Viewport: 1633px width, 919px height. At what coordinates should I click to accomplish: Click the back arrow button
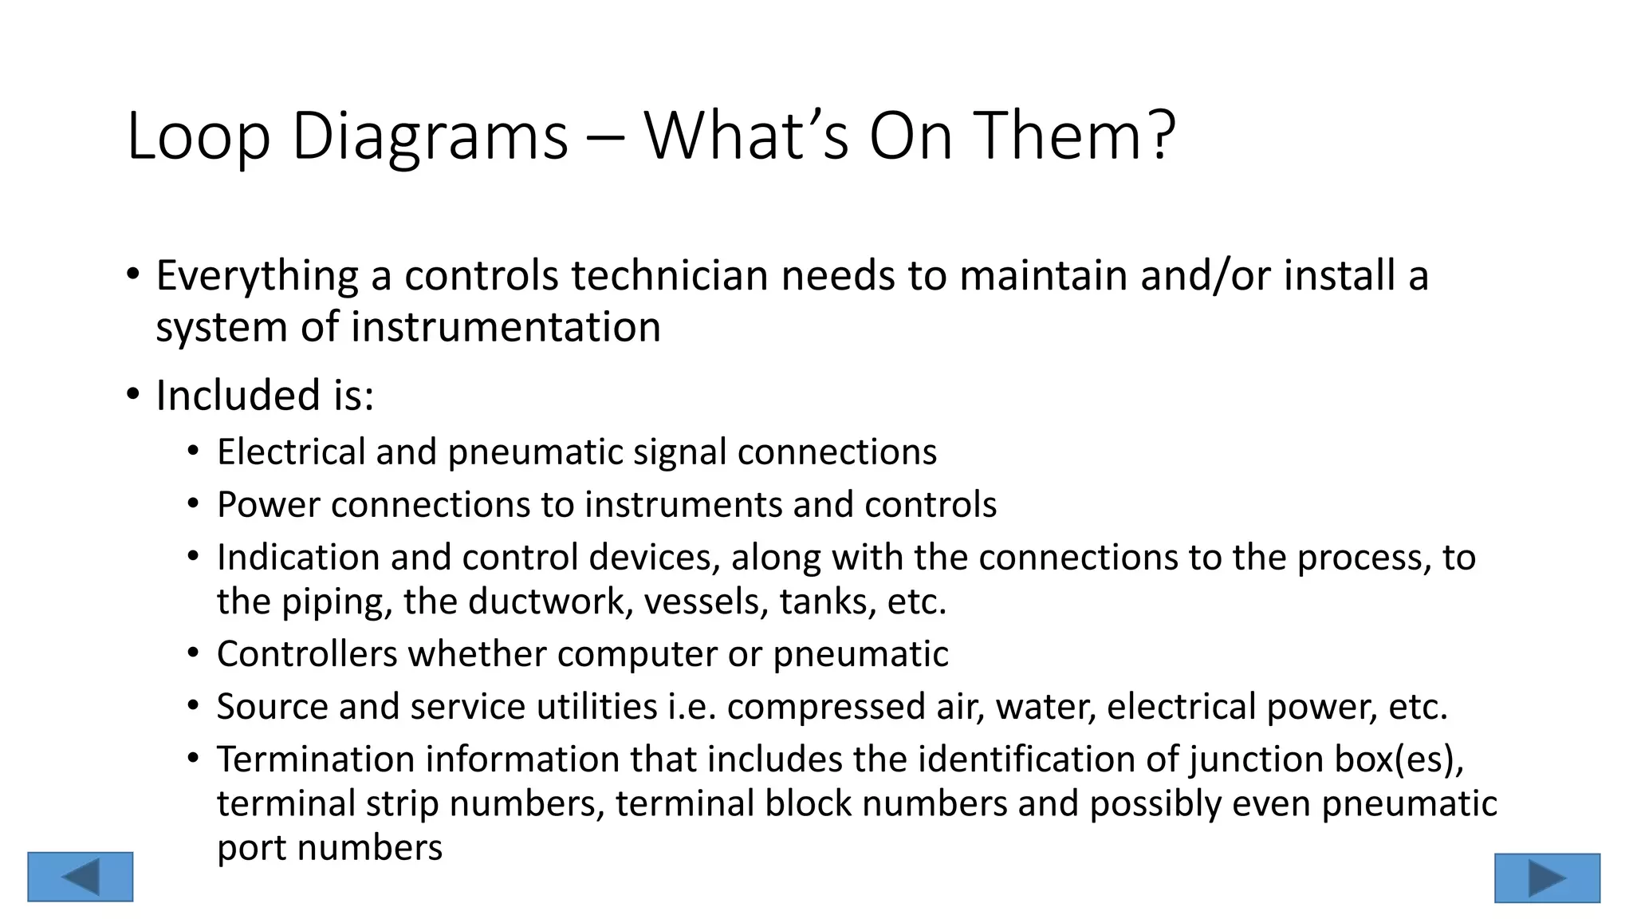(80, 877)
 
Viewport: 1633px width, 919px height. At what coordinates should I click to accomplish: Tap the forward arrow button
(1547, 878)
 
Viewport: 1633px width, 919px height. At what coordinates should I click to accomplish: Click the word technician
(669, 276)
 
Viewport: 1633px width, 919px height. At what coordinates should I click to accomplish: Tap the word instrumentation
(506, 327)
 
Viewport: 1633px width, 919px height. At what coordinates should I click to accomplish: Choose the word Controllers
(307, 655)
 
